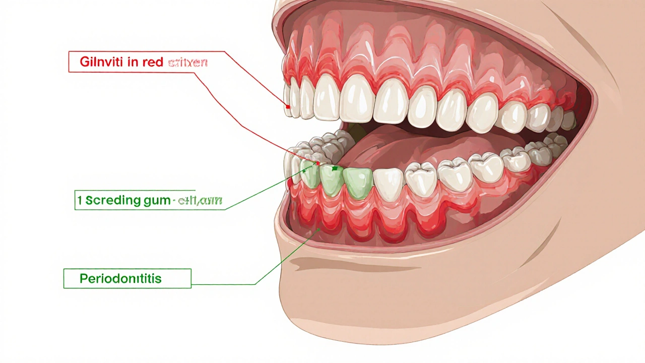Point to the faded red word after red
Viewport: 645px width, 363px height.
point(187,63)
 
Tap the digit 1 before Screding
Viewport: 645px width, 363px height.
point(80,200)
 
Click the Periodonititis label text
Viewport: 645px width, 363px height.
point(120,278)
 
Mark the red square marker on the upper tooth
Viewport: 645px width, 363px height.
point(288,106)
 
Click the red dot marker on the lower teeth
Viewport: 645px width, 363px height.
point(318,164)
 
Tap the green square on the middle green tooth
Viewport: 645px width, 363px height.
point(335,168)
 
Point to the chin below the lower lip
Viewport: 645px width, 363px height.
point(403,302)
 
